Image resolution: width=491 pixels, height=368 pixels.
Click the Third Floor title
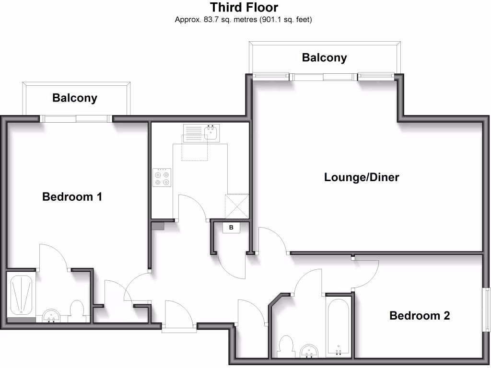[x=244, y=8]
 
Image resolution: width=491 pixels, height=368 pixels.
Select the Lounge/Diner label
[x=362, y=177]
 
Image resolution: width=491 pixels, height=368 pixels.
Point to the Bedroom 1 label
[x=72, y=196]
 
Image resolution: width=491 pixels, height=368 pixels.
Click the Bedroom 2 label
[x=420, y=316]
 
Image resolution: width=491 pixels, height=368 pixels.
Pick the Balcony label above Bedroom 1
[x=75, y=98]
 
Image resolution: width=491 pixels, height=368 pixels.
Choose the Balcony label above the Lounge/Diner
[x=324, y=58]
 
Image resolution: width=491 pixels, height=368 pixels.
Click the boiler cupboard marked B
[x=231, y=228]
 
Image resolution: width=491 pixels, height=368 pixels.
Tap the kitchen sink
[x=210, y=132]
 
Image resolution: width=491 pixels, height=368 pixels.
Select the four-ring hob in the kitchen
[x=162, y=177]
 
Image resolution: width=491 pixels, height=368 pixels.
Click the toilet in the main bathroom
[x=286, y=347]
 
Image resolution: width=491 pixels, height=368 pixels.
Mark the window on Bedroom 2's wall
[x=486, y=310]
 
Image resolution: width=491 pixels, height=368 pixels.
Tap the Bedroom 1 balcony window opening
[x=76, y=118]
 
